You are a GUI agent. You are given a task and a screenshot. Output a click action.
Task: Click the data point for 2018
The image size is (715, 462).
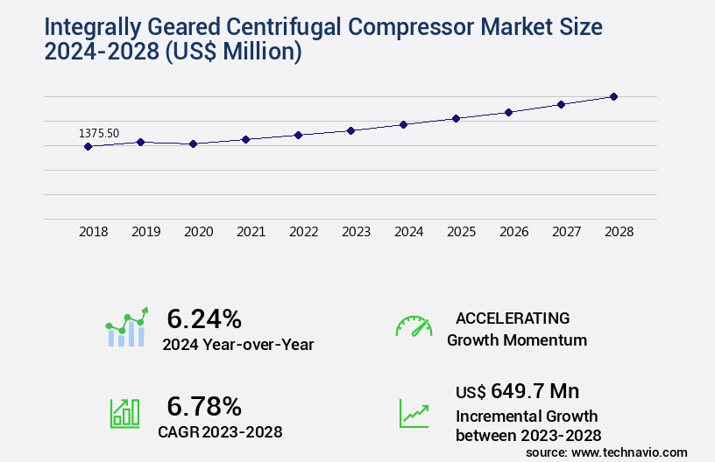coord(88,146)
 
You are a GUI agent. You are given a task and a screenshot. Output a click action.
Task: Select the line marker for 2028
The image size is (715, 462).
coord(613,96)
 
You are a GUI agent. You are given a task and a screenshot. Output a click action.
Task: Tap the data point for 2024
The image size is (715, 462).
coord(403,124)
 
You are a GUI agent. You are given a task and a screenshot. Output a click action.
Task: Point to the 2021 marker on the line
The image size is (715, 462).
coord(245,139)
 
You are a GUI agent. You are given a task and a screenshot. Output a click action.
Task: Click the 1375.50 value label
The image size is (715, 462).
coord(99,133)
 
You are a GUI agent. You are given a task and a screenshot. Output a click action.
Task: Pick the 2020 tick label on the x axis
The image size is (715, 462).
coord(198,233)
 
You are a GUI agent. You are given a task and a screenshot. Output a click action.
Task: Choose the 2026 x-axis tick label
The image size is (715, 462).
coord(513,233)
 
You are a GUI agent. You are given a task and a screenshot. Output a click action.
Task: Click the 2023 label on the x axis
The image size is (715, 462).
coord(356,233)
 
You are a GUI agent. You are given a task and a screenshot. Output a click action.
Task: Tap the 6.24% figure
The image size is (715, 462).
coord(204,318)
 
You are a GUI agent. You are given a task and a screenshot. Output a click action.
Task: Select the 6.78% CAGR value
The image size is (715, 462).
coord(204,406)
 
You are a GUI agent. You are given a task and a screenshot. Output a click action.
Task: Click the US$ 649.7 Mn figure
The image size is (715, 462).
coord(517,390)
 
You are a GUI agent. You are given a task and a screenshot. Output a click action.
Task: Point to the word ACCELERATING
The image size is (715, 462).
coord(513,318)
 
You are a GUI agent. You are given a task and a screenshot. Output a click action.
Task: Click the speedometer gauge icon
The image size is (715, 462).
coord(414,325)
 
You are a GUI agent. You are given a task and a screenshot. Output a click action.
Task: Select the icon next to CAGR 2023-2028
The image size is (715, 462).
coord(124,413)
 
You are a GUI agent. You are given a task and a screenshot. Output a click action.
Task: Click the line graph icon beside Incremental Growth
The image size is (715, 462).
coord(414,413)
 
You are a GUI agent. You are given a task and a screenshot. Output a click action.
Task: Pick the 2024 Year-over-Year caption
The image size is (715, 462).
coord(237,345)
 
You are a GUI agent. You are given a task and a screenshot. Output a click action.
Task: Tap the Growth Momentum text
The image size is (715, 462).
coord(516,340)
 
